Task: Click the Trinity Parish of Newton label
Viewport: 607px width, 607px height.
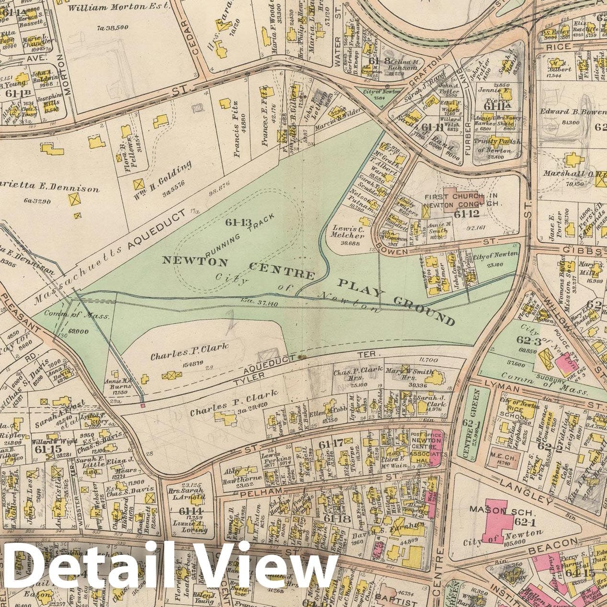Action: (494, 146)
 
